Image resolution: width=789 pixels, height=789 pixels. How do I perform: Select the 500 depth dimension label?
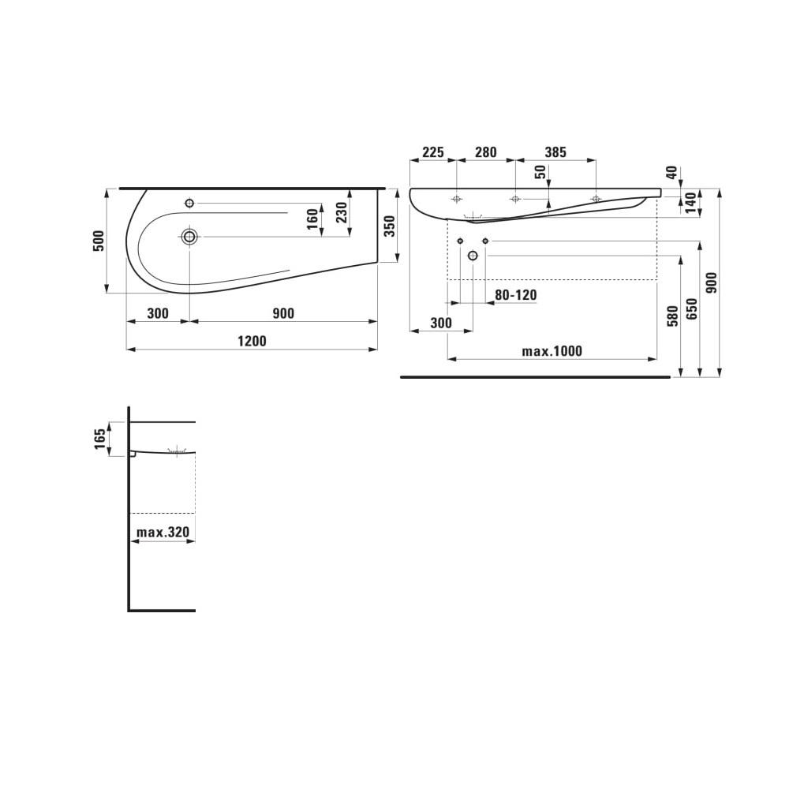98,241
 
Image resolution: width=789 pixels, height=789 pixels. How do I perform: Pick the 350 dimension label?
388,226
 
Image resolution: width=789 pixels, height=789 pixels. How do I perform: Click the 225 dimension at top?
432,152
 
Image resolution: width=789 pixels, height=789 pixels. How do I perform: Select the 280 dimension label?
485,152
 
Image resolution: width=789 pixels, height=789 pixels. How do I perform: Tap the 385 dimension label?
555,152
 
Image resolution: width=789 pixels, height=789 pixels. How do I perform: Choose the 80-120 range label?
515,295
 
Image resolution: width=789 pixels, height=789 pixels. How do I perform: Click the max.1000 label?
552,351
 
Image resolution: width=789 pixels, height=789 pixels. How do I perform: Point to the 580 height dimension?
672,316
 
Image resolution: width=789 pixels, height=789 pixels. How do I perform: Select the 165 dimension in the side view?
100,439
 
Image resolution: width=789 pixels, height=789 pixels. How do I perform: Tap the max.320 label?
163,533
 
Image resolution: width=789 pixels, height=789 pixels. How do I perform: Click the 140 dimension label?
692,203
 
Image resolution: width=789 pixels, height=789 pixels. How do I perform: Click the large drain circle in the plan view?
189,236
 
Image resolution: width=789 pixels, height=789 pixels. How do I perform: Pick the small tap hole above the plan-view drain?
189,204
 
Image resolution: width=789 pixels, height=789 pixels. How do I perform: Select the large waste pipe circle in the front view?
473,256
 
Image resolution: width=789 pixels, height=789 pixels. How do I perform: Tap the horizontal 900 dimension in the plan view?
282,314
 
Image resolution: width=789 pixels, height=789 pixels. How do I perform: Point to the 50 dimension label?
539,173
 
